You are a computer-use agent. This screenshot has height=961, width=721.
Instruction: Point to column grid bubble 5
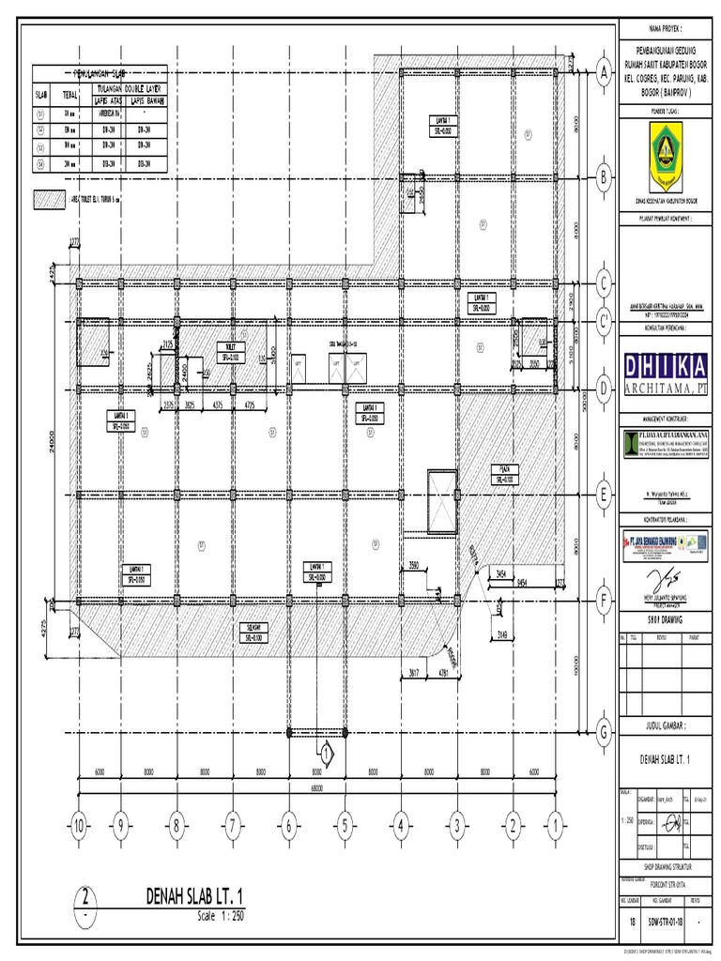coord(345,826)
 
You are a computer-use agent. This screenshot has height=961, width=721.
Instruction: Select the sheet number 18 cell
coord(632,923)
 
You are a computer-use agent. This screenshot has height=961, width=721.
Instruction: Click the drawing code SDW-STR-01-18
coord(668,923)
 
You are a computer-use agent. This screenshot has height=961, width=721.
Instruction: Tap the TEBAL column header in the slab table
coord(69,95)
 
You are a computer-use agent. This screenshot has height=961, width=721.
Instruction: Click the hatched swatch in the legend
coord(47,199)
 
